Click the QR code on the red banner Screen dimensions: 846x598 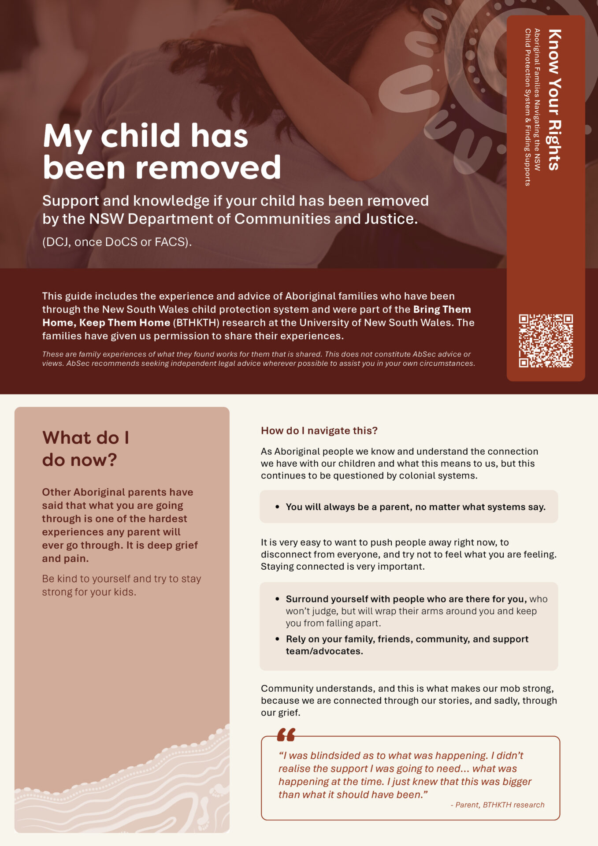(546, 341)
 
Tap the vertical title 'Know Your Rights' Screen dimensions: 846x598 (554, 100)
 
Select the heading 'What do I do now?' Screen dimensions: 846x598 (85, 449)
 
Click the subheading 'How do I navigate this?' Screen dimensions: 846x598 (319, 430)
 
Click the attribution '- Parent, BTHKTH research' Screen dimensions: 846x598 (497, 805)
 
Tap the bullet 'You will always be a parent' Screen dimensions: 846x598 (415, 507)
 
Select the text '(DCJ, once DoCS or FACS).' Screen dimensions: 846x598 (117, 242)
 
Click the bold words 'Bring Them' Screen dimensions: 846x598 (442, 309)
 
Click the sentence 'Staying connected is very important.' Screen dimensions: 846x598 (342, 566)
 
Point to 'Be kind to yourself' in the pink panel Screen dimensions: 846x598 (86, 579)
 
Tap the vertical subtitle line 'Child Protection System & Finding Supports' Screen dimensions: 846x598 (527, 107)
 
